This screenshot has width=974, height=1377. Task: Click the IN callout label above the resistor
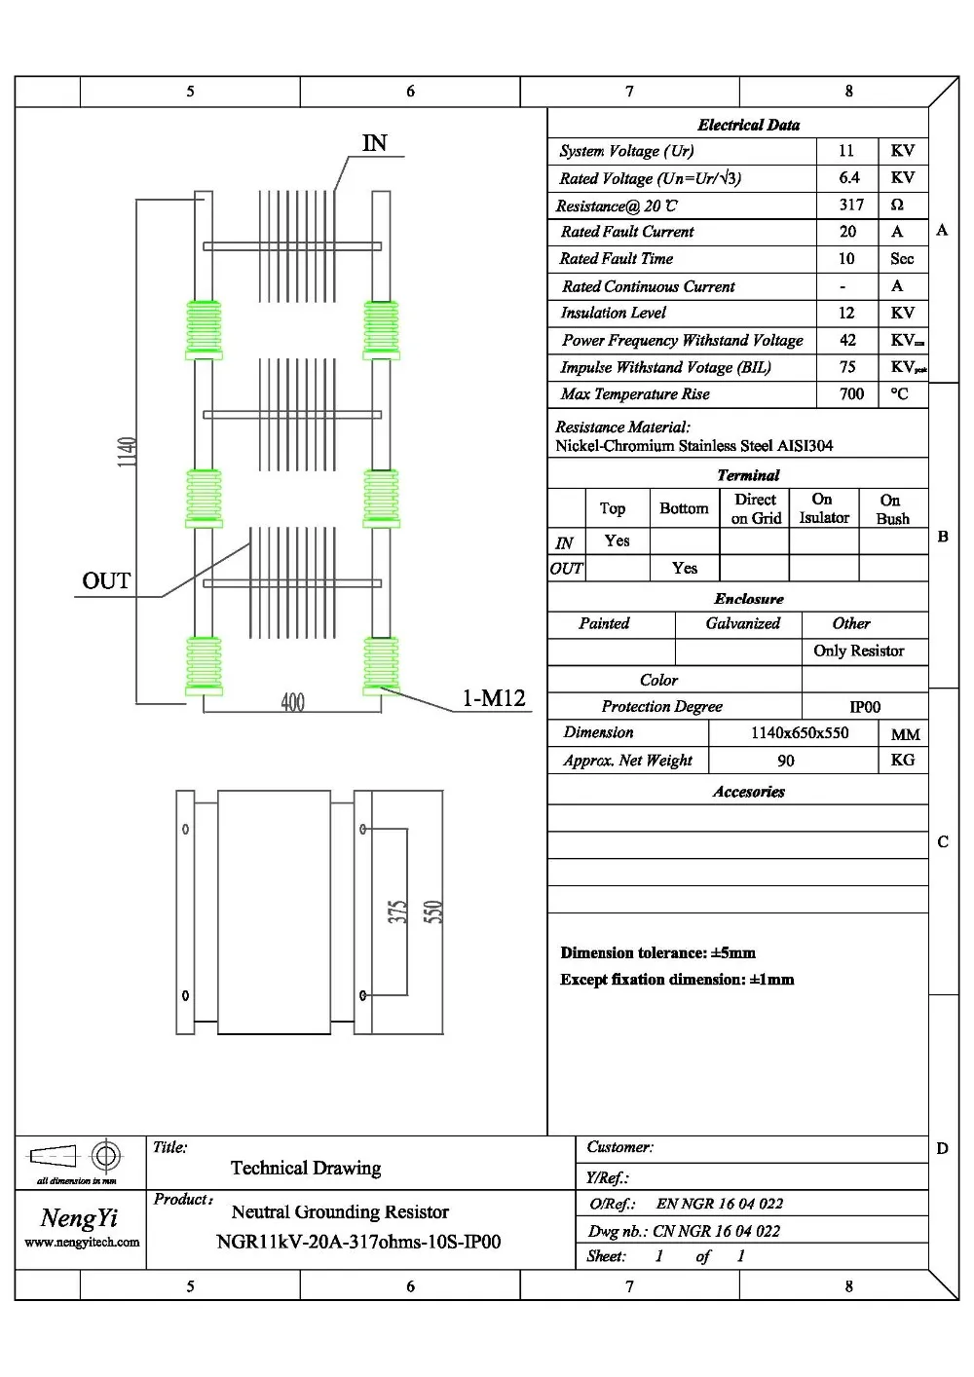pyautogui.click(x=374, y=143)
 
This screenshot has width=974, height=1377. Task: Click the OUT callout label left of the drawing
pyautogui.click(x=106, y=581)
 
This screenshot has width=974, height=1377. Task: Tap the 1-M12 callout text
pyautogui.click(x=494, y=698)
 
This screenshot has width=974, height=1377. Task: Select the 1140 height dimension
pyautogui.click(x=127, y=452)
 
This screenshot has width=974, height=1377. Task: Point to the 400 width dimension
pyautogui.click(x=292, y=702)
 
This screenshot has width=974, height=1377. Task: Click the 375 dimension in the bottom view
pyautogui.click(x=397, y=912)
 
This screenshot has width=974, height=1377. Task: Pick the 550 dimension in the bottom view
pyautogui.click(x=433, y=912)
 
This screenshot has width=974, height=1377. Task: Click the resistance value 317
pyautogui.click(x=851, y=205)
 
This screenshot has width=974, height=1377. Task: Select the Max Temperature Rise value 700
pyautogui.click(x=851, y=394)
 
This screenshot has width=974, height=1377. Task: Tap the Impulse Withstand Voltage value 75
pyautogui.click(x=847, y=367)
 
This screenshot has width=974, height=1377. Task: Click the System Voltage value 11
pyautogui.click(x=845, y=151)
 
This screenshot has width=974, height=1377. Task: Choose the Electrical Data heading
pyautogui.click(x=748, y=125)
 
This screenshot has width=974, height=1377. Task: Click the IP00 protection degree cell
pyautogui.click(x=864, y=707)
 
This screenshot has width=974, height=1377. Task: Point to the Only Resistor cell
pyautogui.click(x=858, y=651)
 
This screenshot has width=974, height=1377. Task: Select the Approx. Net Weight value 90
pyautogui.click(x=785, y=761)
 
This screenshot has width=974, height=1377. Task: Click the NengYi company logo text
pyautogui.click(x=79, y=1217)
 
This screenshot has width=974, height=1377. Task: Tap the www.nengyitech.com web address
pyautogui.click(x=82, y=1243)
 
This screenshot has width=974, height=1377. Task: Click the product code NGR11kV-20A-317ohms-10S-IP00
pyautogui.click(x=358, y=1242)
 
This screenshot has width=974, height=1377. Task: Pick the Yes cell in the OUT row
pyautogui.click(x=685, y=568)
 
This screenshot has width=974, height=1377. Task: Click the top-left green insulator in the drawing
pyautogui.click(x=204, y=329)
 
